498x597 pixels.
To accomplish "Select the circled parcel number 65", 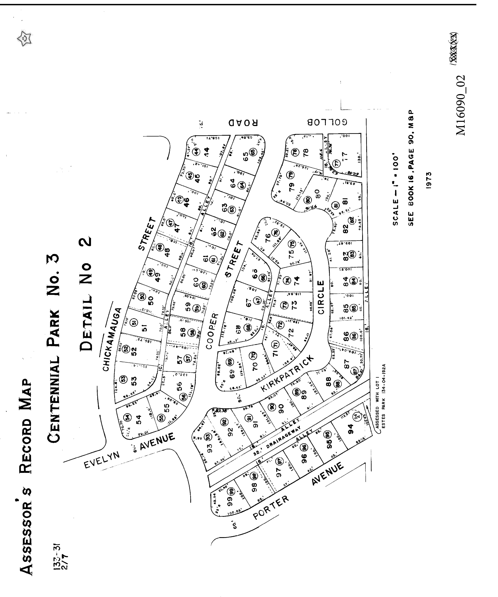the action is (x=252, y=152).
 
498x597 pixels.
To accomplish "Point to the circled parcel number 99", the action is (x=232, y=491).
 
